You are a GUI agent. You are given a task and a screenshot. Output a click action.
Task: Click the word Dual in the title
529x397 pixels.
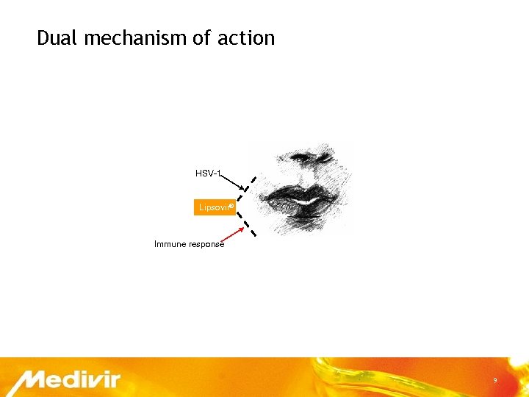(x=57, y=38)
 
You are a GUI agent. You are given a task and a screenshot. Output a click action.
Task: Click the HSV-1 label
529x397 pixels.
(x=207, y=174)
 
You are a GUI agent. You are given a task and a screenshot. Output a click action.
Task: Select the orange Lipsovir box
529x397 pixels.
(x=214, y=208)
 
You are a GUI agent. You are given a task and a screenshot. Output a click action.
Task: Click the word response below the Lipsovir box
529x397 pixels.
(x=206, y=243)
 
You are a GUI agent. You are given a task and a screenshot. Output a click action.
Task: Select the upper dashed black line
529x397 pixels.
(x=251, y=188)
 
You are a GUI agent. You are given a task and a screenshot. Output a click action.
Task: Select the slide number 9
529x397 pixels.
(x=495, y=380)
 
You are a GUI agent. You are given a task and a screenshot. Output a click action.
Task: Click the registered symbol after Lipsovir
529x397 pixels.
(x=231, y=206)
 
